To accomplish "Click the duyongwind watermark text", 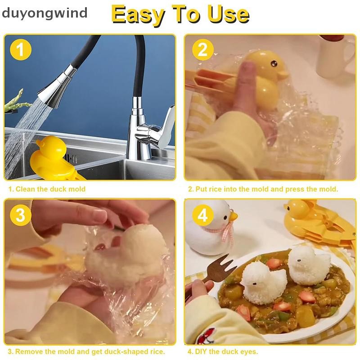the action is (45, 13).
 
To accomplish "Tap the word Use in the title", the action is (228, 14).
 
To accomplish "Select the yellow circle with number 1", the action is (20, 49).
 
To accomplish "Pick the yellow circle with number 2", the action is (203, 49).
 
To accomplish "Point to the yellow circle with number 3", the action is (20, 215).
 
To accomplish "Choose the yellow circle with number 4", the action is (203, 215).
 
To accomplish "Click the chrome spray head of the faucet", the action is (58, 86).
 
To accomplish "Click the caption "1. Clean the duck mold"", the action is (47, 189).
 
